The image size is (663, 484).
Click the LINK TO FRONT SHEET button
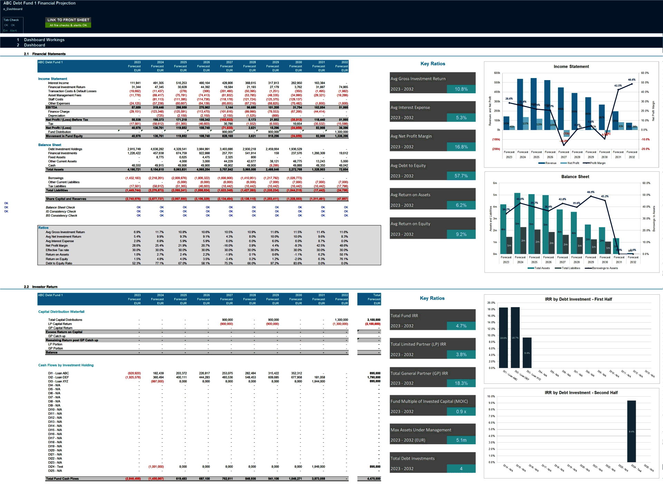[68, 20]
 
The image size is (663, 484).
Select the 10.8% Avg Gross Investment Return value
[461, 89]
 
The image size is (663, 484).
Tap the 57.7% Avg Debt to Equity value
[461, 176]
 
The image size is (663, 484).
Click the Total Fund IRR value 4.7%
[461, 326]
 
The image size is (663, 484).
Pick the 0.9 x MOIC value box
[461, 411]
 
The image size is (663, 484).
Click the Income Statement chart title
[571, 67]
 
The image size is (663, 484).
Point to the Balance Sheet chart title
[575, 177]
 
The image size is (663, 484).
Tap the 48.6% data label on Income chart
[632, 80]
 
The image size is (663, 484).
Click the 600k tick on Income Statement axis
[497, 73]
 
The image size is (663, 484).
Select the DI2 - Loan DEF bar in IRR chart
[515, 337]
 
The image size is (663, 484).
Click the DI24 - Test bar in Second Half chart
[631, 431]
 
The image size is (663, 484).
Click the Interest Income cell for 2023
[135, 83]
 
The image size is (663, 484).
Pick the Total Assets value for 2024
[157, 170]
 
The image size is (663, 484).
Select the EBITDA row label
[51, 107]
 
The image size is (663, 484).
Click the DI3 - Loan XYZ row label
[58, 381]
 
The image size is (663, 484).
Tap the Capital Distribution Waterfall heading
[61, 312]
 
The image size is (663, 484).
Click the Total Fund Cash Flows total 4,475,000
[373, 479]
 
